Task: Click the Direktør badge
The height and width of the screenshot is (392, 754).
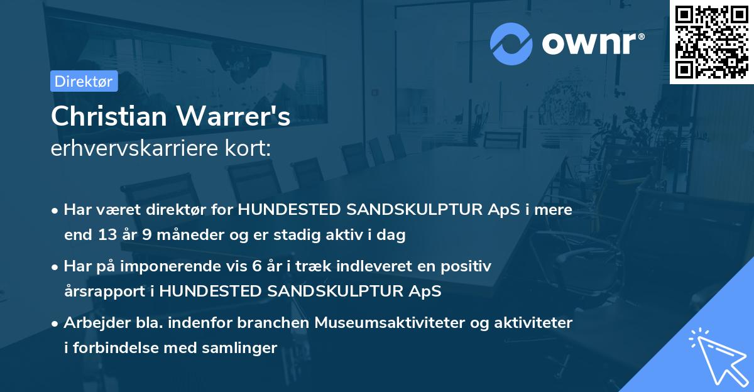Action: tap(84, 81)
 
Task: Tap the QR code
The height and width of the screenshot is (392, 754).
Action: tap(711, 41)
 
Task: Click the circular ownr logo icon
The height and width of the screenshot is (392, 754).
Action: tap(511, 43)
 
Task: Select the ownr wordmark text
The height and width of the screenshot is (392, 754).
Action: tap(591, 42)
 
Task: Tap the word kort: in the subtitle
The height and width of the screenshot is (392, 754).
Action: tap(250, 148)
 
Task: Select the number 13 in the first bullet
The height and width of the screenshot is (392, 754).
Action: tap(104, 236)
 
